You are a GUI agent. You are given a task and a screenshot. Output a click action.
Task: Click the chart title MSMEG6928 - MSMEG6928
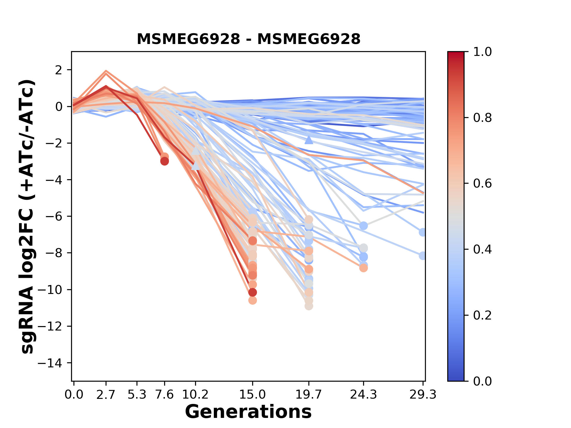(248, 39)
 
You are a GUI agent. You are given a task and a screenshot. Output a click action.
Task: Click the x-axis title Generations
(248, 412)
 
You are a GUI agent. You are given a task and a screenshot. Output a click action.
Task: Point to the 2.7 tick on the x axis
(106, 395)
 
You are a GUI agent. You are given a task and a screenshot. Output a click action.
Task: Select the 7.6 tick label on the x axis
(164, 395)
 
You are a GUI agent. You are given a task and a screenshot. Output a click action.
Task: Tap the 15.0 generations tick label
(252, 395)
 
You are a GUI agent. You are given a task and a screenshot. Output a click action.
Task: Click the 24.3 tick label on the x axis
(363, 395)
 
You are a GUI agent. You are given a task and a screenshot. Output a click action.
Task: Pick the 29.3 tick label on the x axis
(423, 395)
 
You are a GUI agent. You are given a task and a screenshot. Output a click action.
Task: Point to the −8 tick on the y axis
(54, 253)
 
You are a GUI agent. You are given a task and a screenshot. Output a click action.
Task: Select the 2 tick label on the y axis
(59, 70)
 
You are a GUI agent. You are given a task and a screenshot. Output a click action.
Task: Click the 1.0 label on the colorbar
(482, 52)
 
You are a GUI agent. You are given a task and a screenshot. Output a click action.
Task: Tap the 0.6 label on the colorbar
(482, 184)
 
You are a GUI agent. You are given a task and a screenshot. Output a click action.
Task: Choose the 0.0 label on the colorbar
(482, 381)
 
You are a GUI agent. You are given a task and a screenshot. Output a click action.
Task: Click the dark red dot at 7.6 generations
(164, 161)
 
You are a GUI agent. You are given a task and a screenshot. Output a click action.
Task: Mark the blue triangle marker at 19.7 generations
(309, 140)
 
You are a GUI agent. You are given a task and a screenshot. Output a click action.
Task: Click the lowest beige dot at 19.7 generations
(309, 306)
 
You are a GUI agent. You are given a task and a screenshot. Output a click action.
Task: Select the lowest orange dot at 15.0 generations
(252, 300)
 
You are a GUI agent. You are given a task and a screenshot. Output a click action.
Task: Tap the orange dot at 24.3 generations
(363, 268)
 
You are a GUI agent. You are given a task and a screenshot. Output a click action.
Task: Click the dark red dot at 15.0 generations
(252, 292)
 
